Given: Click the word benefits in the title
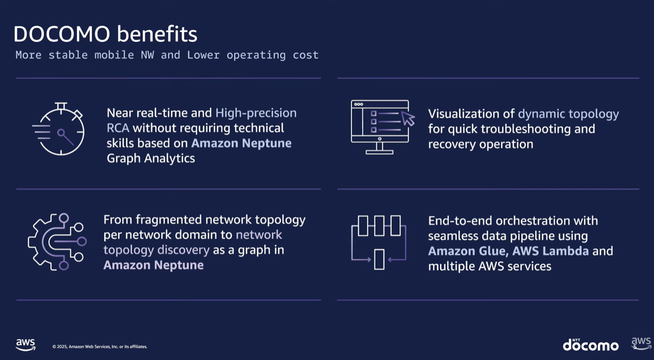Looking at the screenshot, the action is (x=157, y=34).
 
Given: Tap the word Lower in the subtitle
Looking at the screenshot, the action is (x=203, y=55).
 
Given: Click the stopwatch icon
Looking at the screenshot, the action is (x=59, y=129).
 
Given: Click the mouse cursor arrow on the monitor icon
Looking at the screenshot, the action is (x=408, y=118).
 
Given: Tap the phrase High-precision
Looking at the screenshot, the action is (x=256, y=113).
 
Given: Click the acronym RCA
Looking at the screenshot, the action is (x=118, y=128).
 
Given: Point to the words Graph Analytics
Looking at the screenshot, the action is (x=151, y=158).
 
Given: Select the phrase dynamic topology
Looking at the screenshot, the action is (x=568, y=114).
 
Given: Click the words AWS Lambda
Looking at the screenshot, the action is (x=551, y=251).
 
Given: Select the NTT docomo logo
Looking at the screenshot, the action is (x=590, y=345).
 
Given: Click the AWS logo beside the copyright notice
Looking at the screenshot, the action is (x=25, y=345).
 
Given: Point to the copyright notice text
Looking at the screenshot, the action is (x=99, y=347).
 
